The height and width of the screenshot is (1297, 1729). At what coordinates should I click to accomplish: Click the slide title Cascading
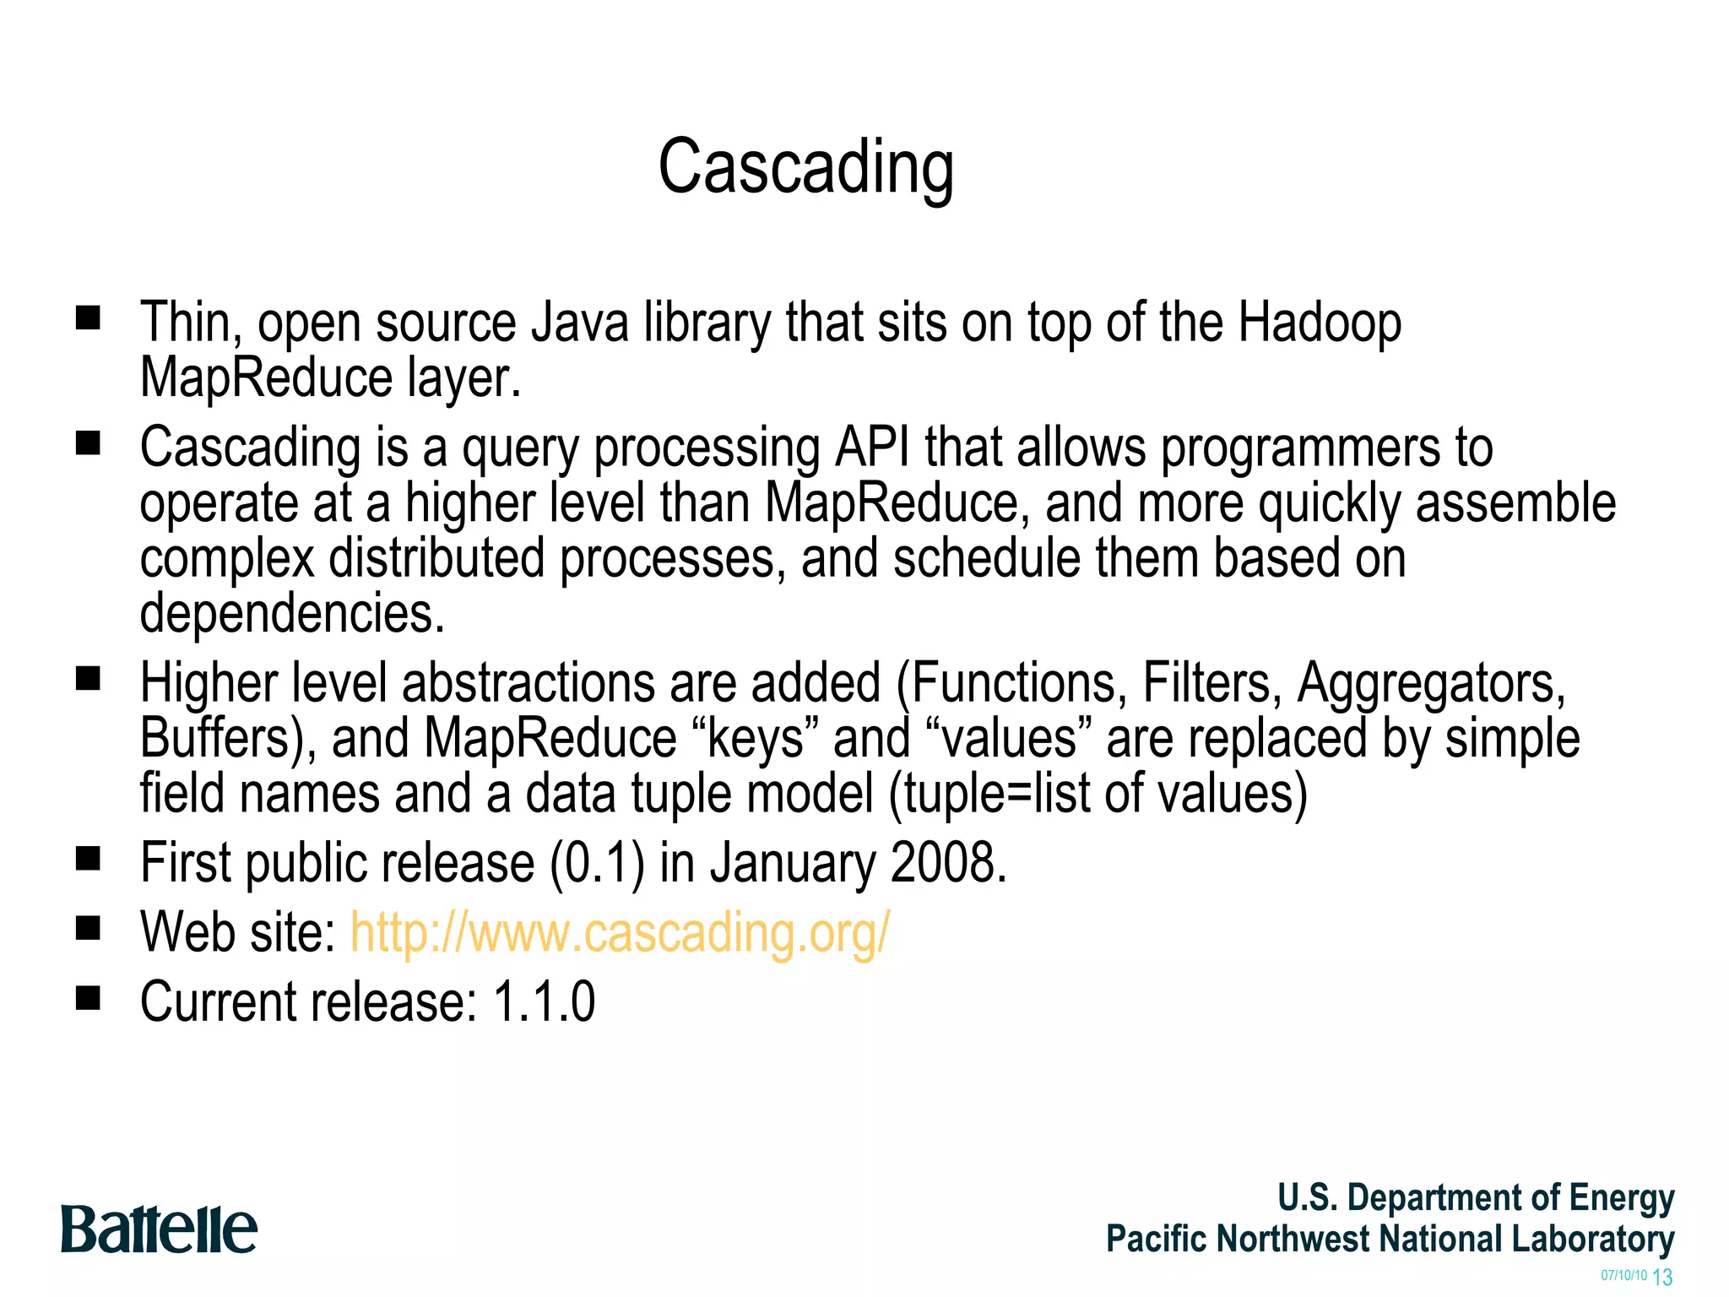pos(805,168)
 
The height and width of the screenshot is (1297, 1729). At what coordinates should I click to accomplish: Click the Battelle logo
pos(159,1229)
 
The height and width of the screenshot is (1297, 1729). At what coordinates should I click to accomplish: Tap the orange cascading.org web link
pos(620,933)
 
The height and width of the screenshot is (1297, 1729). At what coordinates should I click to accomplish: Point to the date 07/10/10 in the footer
pos(1623,1276)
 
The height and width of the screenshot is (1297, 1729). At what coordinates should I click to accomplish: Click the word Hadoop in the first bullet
pos(1319,323)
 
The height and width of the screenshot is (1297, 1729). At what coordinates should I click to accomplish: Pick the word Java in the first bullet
pos(579,323)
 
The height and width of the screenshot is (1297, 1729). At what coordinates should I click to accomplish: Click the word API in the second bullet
pos(872,448)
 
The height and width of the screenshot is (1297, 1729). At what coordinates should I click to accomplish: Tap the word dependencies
pos(292,613)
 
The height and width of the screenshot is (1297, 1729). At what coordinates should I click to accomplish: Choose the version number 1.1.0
pos(545,1002)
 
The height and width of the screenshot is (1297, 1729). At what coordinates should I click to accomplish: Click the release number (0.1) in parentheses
pos(597,863)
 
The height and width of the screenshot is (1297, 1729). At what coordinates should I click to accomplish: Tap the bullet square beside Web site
pos(88,930)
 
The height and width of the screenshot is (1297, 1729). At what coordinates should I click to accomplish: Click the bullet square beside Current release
pos(88,999)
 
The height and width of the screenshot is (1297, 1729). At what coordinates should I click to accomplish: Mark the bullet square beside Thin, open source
pos(88,319)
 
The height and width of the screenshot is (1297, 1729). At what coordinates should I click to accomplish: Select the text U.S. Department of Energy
pos(1476,1198)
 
